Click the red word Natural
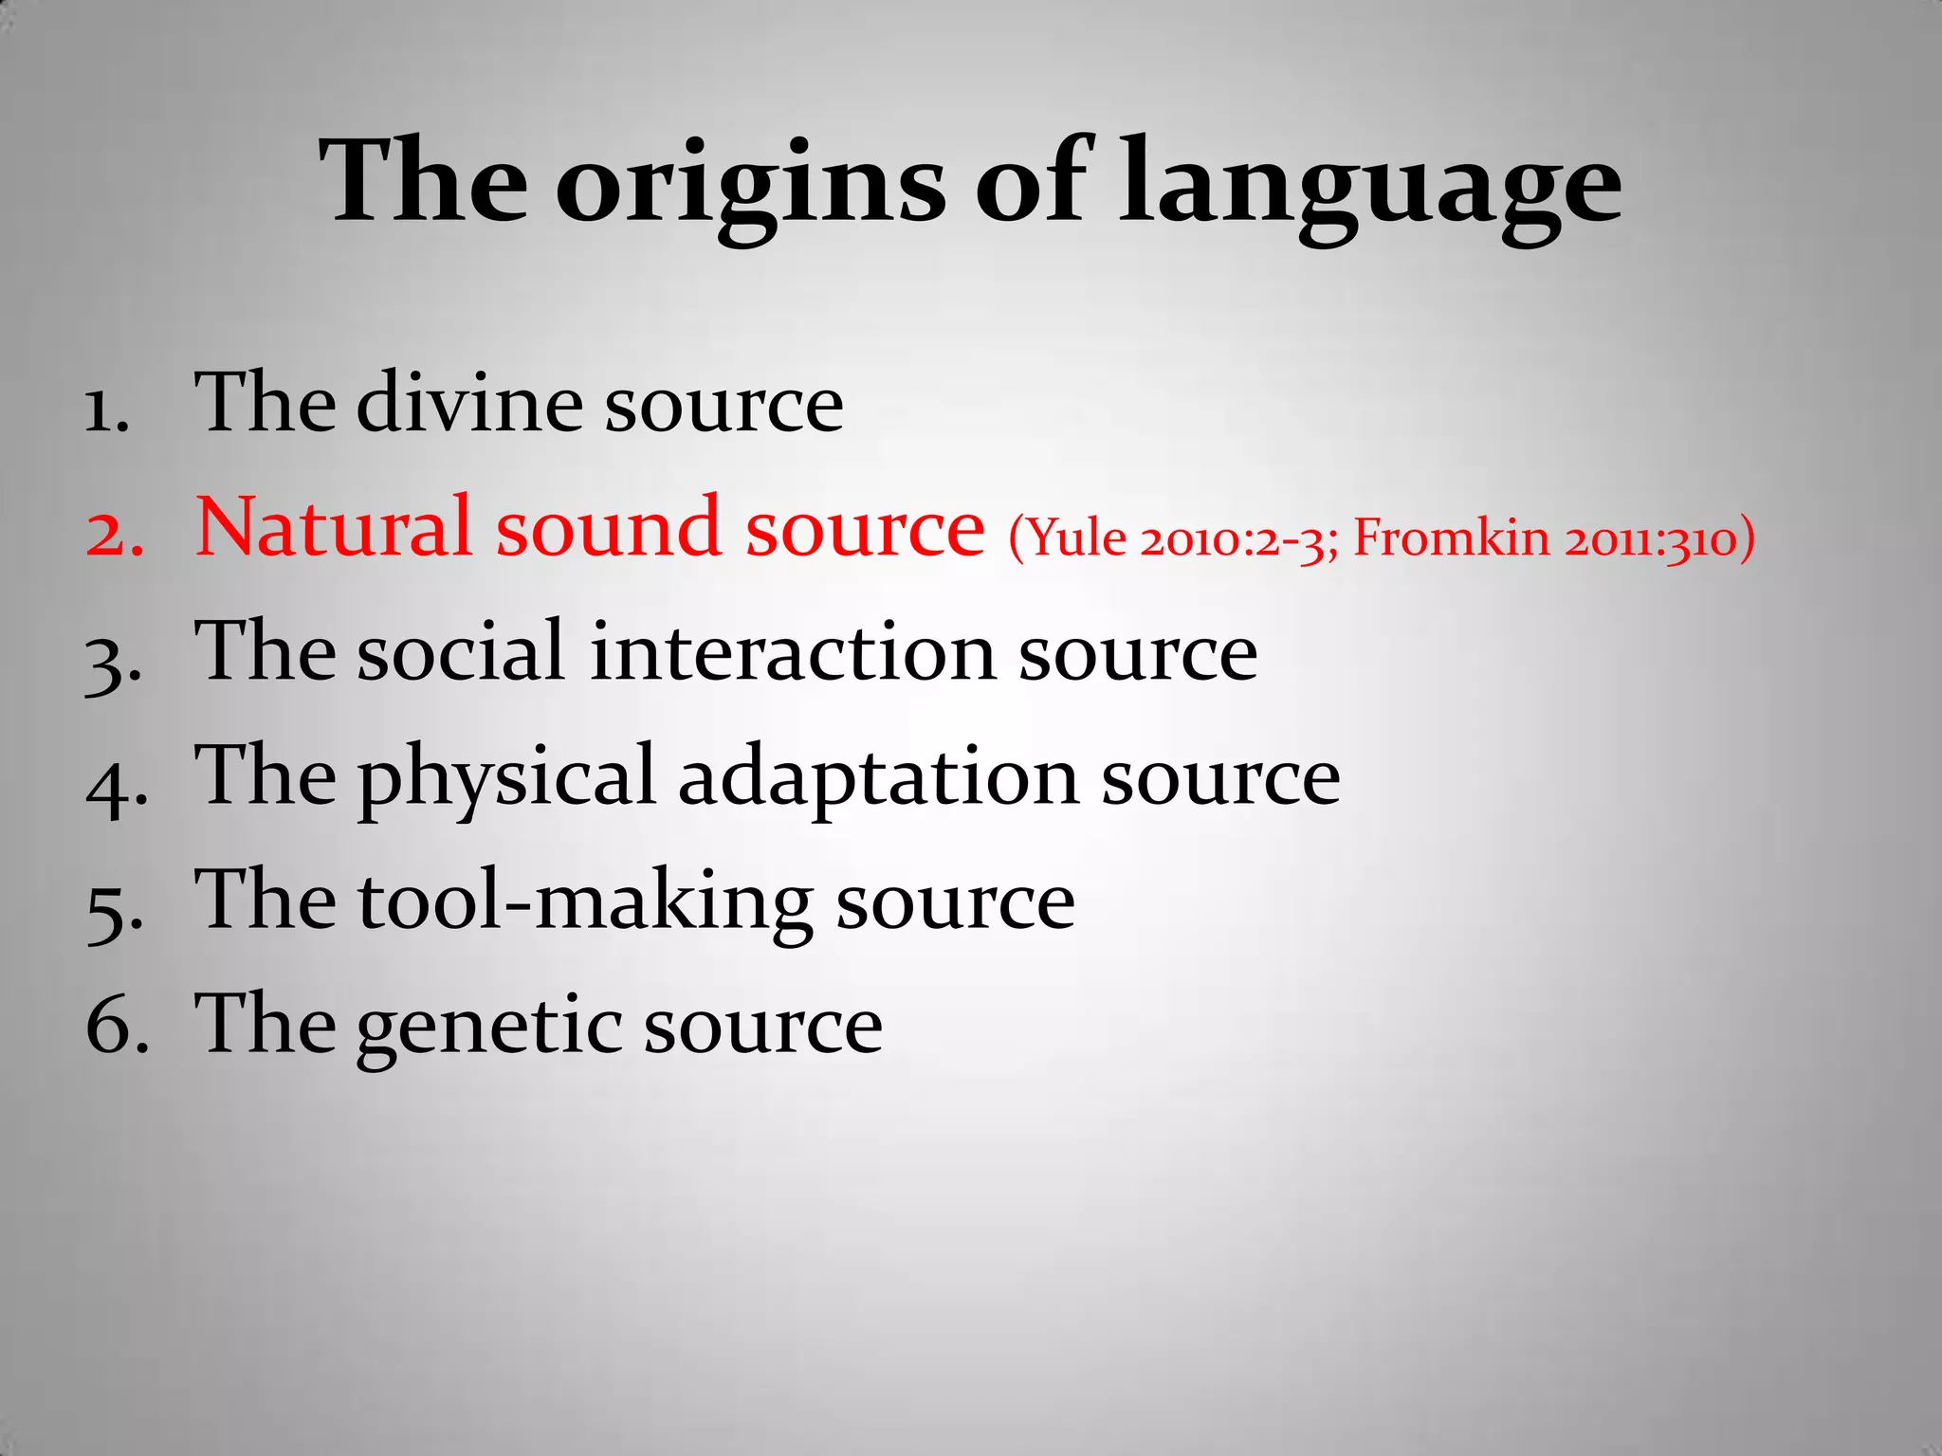(333, 527)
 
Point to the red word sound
(608, 527)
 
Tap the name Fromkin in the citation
(1451, 538)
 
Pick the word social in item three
(461, 651)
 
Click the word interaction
(792, 651)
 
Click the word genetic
(488, 1027)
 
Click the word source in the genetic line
(763, 1027)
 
